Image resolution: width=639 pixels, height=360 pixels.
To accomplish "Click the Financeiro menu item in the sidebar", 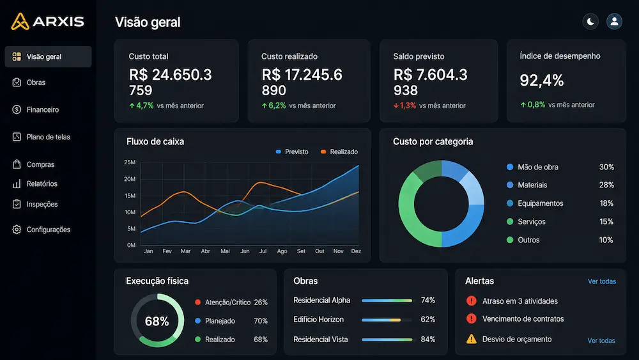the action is coord(35,110).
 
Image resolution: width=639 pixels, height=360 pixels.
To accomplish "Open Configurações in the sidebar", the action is coord(41,230).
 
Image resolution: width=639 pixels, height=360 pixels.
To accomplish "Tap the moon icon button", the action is coord(590,22).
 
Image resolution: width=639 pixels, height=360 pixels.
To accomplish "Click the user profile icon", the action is coord(614,22).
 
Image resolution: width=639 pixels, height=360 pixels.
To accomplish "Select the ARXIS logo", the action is coord(47,21).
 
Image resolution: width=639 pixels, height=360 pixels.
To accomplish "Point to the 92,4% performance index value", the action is coord(542,81).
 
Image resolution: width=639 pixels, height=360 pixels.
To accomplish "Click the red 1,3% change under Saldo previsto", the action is coord(404,106).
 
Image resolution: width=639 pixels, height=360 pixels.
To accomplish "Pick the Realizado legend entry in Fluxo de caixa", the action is coord(339,152).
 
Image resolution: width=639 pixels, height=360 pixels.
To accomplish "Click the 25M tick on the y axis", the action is coord(130,162).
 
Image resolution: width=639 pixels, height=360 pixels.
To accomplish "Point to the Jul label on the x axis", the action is coord(263,251).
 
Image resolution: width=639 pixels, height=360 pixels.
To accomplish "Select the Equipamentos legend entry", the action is coord(535,203).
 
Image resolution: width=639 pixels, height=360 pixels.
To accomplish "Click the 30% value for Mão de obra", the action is coord(606,167).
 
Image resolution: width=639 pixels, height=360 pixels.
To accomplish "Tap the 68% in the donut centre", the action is coord(157,321).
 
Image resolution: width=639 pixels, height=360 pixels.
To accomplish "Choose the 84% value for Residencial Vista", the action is coord(428,339).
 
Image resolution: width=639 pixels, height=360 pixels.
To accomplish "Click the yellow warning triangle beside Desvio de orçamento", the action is coord(472,339).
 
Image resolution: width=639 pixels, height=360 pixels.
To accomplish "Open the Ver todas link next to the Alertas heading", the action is coord(602,281).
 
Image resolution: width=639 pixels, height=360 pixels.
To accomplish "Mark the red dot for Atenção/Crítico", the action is coord(197,302).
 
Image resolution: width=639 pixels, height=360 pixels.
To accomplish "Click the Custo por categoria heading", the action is coord(433,141).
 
